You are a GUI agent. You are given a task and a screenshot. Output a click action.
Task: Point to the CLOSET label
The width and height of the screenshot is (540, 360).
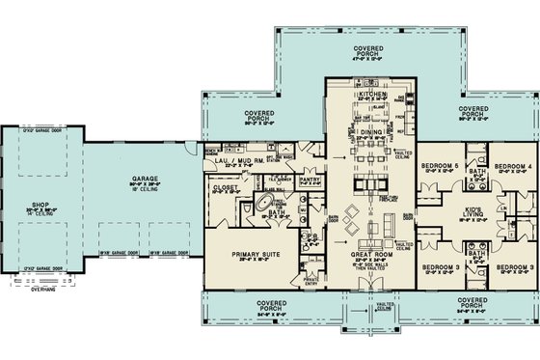point(225,188)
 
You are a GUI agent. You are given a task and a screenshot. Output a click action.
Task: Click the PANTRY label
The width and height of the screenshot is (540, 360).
point(310,178)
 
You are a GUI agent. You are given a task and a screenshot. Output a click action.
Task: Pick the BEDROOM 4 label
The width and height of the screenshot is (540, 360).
point(510,166)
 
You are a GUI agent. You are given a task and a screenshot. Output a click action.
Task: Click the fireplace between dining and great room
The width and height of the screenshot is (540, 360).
point(370,183)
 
